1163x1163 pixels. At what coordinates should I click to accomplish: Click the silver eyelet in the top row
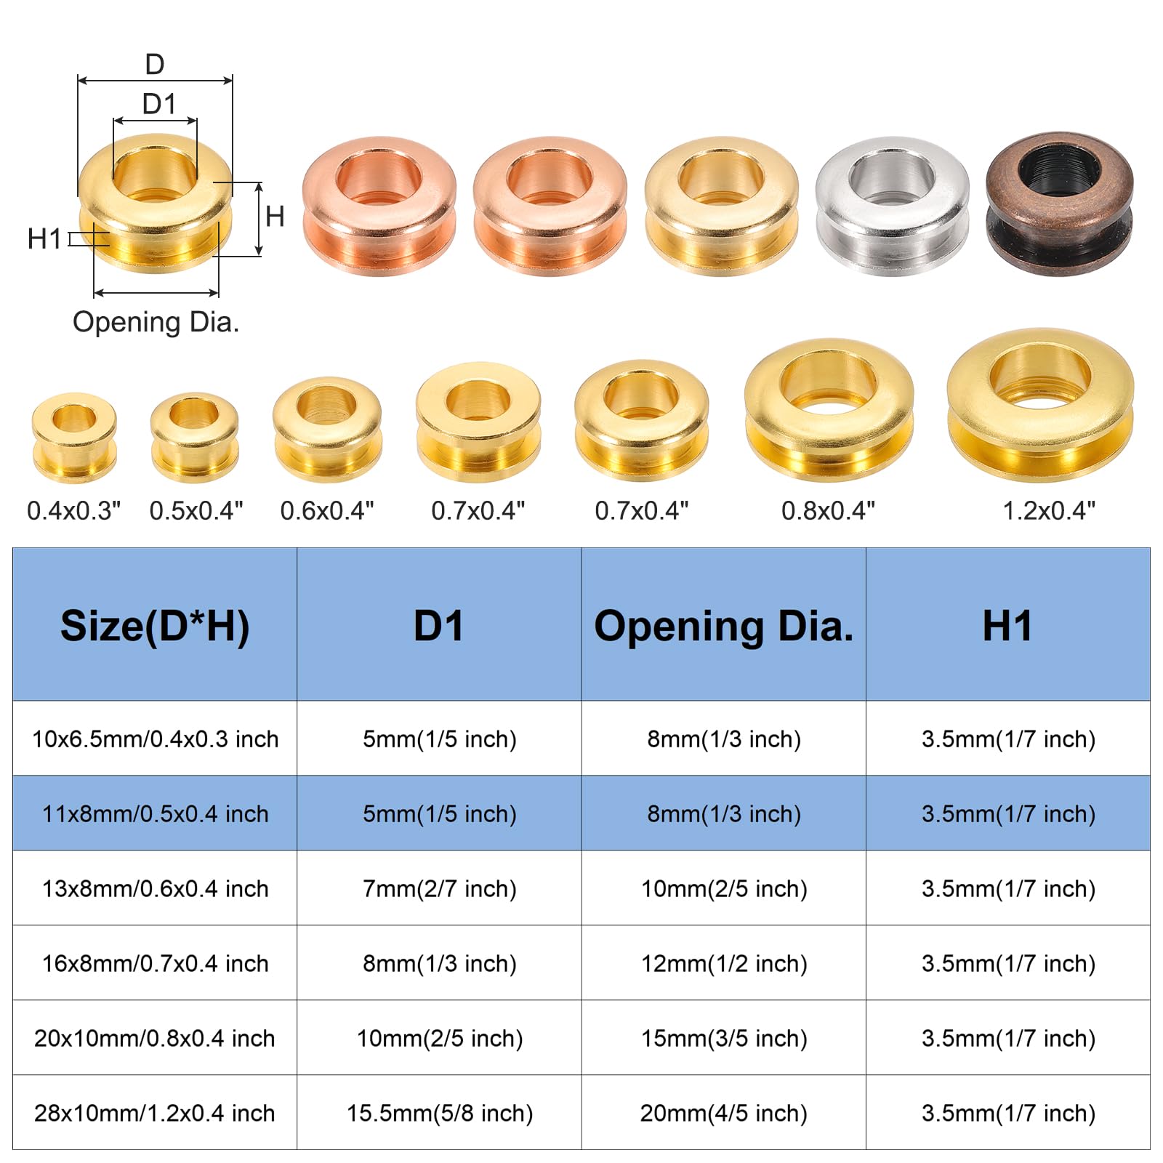point(892,206)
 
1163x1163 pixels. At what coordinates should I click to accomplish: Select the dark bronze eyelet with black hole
point(1059,204)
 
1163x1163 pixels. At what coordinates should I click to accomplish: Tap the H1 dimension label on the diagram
point(44,238)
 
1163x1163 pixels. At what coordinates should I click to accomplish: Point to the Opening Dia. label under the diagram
point(156,322)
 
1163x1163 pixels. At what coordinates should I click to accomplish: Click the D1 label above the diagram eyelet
point(159,104)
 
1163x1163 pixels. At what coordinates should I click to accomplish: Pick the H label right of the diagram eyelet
point(275,216)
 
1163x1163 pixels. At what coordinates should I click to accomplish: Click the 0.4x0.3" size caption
point(73,510)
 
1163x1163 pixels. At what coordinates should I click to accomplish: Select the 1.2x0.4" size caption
point(1049,510)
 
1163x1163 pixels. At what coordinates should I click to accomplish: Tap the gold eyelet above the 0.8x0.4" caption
point(829,409)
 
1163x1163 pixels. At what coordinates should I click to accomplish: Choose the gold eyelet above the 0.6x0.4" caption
point(327,429)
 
